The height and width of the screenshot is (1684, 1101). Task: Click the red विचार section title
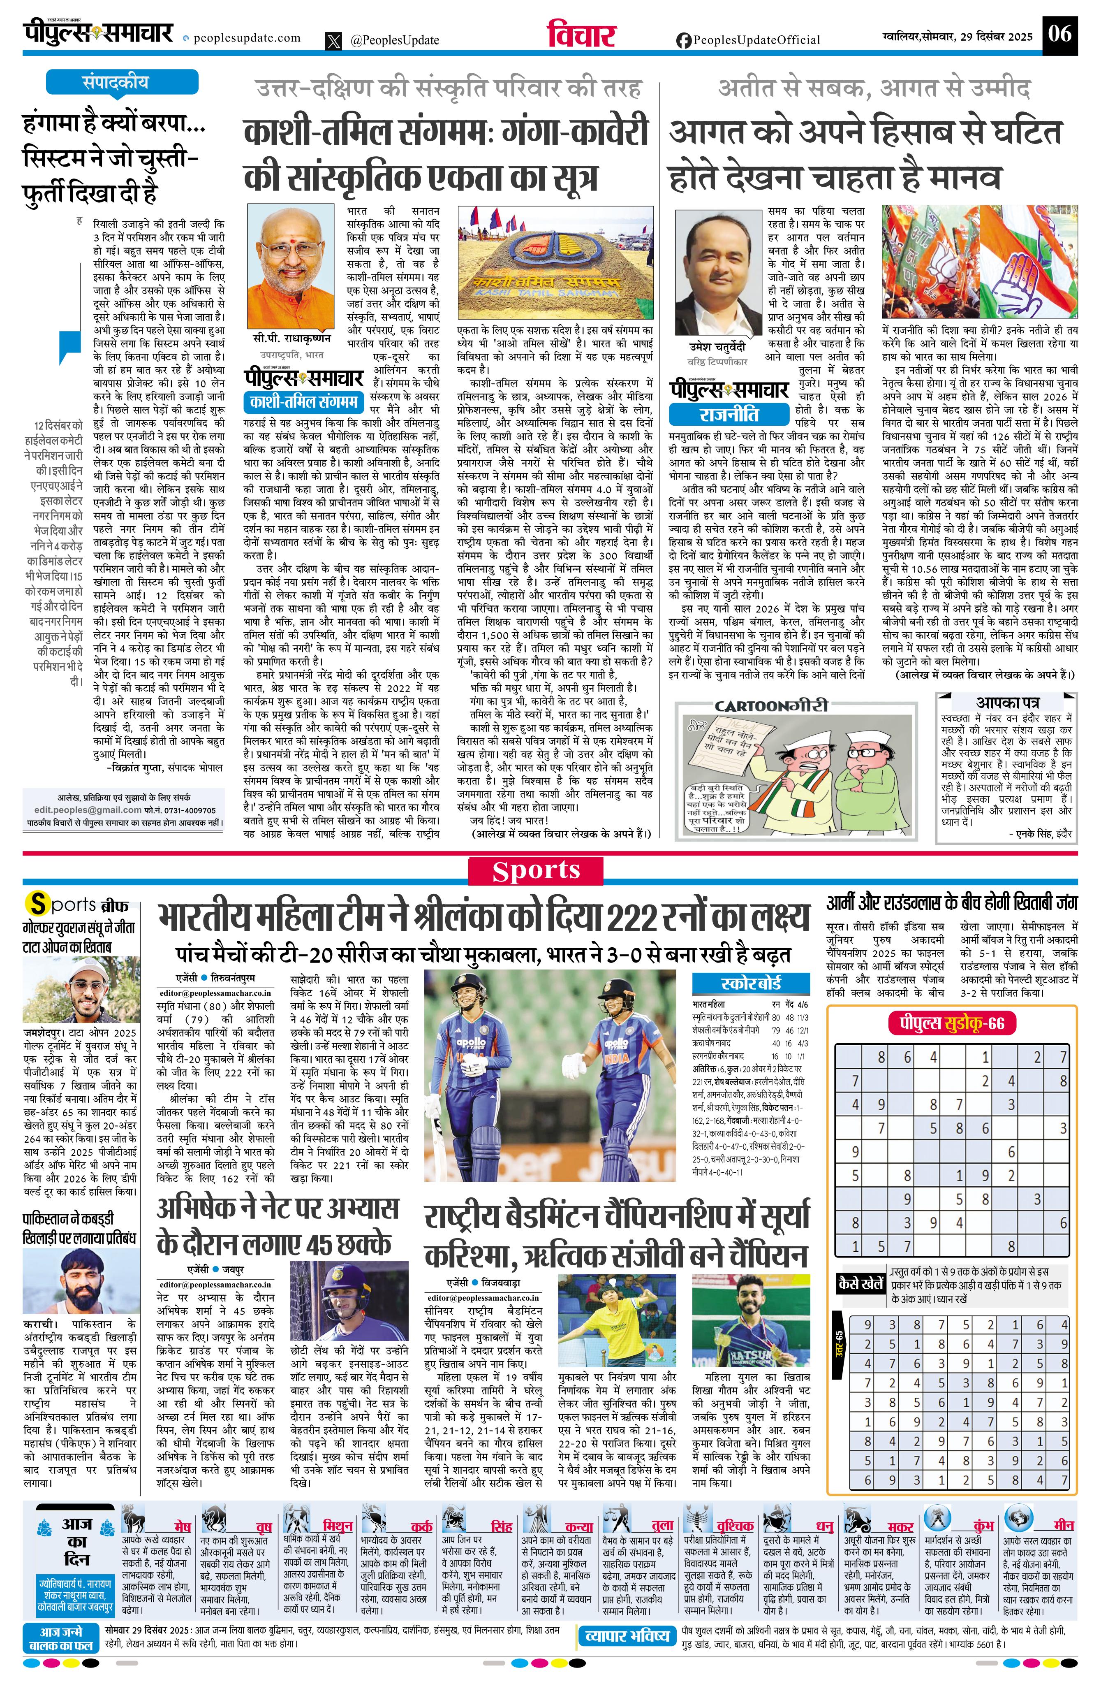[x=581, y=35]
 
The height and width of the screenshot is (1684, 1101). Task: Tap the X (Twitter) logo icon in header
[x=333, y=41]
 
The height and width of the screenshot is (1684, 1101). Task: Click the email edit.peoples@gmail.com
[x=88, y=810]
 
